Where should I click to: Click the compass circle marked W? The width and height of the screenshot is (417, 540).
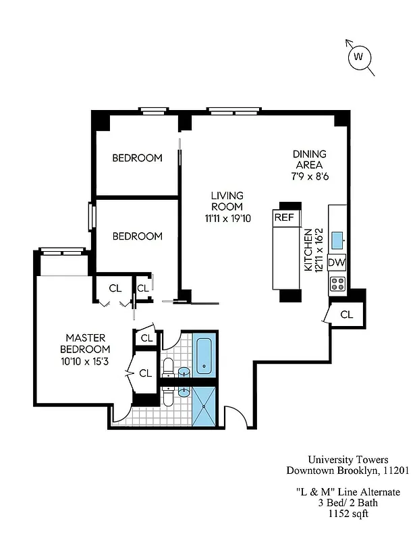[359, 57]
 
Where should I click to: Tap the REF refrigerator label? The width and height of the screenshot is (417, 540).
[284, 217]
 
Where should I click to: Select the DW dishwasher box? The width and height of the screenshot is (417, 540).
[337, 263]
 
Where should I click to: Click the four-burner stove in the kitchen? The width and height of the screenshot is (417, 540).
[337, 283]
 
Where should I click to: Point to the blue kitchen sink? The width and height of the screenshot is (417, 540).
[337, 238]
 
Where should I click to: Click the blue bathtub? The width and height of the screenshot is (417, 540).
[204, 356]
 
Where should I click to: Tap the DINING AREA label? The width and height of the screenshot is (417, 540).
[308, 159]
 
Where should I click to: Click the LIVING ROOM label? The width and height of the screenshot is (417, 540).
[227, 201]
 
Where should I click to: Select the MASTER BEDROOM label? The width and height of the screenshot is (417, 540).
[85, 343]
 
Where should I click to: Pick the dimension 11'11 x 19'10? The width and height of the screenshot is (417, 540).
[227, 218]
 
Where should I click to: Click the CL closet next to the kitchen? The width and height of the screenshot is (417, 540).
[346, 314]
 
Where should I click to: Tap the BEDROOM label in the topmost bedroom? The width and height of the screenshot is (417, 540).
[137, 158]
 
